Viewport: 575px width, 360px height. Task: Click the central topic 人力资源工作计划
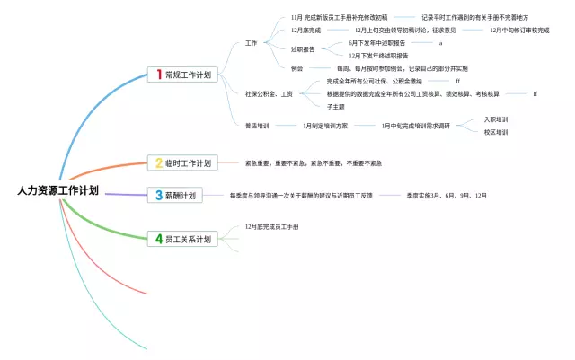(x=57, y=191)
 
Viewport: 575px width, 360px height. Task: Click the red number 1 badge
(x=159, y=75)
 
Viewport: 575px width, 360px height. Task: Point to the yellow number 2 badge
(x=159, y=163)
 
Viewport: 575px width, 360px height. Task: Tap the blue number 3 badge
(x=159, y=195)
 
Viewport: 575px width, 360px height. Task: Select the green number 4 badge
(x=159, y=239)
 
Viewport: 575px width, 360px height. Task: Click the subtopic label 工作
(x=251, y=43)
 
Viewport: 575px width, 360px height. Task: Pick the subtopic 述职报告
(x=303, y=48)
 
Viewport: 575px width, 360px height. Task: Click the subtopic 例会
(x=297, y=68)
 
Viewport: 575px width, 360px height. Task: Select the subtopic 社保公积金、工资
(x=269, y=93)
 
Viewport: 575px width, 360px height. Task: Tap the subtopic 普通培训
(x=257, y=126)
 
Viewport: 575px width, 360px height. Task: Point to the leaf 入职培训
(x=496, y=119)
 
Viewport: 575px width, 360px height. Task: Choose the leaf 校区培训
(x=496, y=132)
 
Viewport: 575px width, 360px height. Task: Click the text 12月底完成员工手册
(x=271, y=226)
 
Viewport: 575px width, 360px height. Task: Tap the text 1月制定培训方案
(x=325, y=126)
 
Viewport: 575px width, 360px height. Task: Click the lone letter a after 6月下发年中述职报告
(x=440, y=42)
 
